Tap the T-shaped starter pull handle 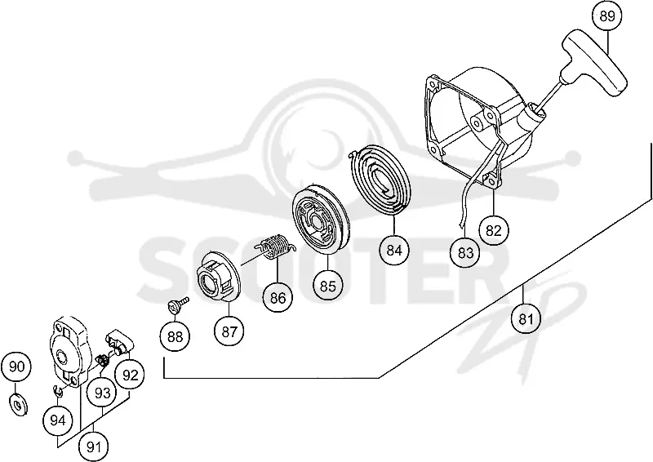[x=593, y=63]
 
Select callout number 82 [x=494, y=230]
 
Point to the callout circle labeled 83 [x=465, y=252]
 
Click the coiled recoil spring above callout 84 [x=381, y=180]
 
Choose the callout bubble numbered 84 [x=394, y=251]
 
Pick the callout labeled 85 [x=328, y=287]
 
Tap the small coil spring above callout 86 [x=275, y=247]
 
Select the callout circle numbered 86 [x=278, y=298]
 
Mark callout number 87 [x=229, y=331]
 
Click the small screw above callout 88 [x=178, y=304]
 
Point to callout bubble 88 [x=175, y=336]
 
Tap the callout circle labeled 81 [x=526, y=319]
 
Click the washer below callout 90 [x=17, y=404]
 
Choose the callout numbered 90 [x=16, y=367]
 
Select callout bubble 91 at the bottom [x=94, y=447]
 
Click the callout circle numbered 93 [x=102, y=393]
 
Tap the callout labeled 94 [x=57, y=420]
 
